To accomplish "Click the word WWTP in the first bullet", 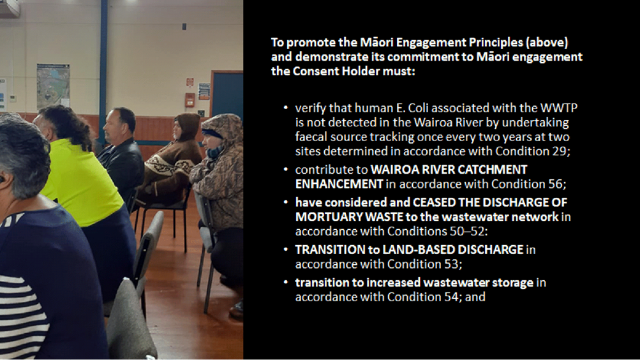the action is point(559,108).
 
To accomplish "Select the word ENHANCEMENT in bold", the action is point(339,184).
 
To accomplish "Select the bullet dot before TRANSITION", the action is point(286,250).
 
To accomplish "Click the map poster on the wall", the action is point(53,85).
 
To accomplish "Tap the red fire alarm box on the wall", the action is point(190,100).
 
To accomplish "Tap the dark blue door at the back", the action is point(227,94).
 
